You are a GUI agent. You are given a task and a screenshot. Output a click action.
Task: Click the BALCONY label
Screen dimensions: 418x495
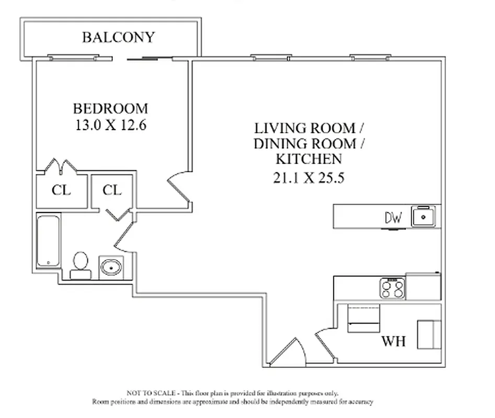(x=118, y=38)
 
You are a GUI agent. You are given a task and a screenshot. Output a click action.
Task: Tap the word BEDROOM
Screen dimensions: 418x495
(x=110, y=109)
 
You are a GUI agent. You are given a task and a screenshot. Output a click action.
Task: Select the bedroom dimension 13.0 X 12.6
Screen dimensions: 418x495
(x=110, y=125)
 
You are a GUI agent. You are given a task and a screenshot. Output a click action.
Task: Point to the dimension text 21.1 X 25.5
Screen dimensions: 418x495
(x=308, y=178)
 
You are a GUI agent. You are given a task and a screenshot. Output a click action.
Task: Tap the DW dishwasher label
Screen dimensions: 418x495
(x=393, y=218)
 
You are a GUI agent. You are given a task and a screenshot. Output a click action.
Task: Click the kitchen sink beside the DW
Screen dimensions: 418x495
(x=423, y=216)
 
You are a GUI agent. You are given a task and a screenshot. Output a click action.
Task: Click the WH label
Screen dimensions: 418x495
(x=393, y=342)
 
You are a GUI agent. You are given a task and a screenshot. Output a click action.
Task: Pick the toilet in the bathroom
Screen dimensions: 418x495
(x=80, y=264)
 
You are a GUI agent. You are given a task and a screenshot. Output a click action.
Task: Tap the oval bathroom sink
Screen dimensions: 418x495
(x=110, y=268)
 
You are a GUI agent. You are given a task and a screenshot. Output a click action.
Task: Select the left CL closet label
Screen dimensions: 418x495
(x=61, y=190)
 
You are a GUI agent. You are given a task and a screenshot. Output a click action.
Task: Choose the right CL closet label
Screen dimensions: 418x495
(x=111, y=190)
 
